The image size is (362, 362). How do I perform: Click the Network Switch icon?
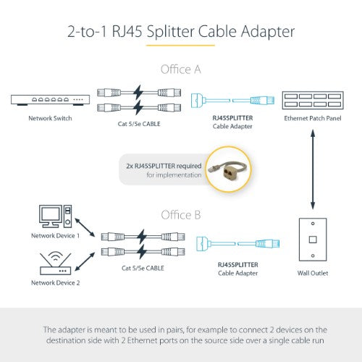(49, 100)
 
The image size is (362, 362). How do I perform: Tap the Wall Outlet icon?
(313, 240)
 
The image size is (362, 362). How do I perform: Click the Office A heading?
(180, 69)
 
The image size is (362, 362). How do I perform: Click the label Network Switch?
(49, 118)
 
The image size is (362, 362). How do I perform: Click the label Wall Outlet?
(313, 274)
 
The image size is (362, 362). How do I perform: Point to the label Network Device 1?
(55, 236)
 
